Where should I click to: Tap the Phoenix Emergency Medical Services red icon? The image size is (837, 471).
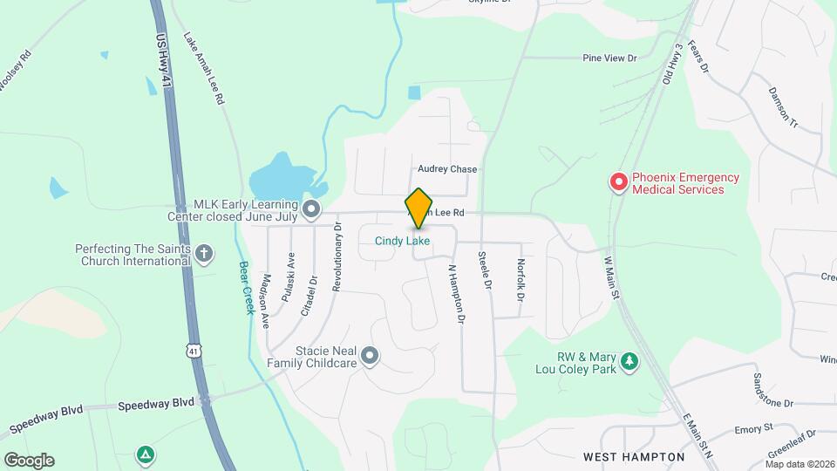tap(618, 182)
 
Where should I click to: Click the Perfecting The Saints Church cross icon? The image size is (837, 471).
tap(204, 254)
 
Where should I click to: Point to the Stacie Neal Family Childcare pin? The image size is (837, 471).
tap(370, 355)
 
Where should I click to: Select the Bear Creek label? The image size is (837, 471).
tap(247, 286)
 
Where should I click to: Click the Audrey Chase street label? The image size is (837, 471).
tap(447, 169)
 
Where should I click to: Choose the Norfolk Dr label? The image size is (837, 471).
tap(520, 280)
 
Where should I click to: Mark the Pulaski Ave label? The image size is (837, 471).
tap(288, 276)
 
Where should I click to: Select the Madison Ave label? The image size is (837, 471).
tap(264, 302)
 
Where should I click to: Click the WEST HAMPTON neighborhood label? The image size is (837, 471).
tap(633, 456)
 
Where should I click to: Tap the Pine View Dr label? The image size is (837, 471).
tap(610, 58)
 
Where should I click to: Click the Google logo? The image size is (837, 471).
tap(29, 460)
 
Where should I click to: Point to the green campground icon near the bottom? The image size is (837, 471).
tap(145, 454)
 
